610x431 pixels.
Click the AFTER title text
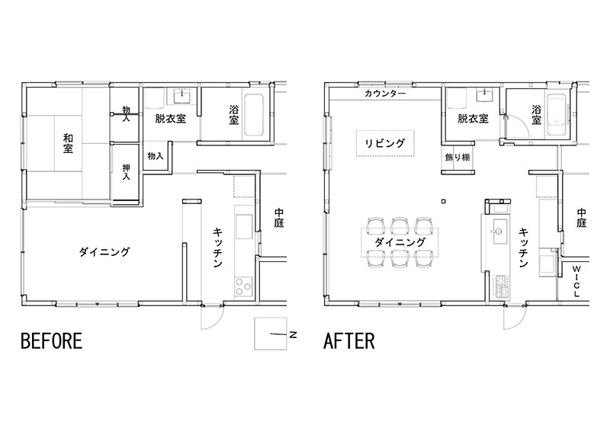coord(349,340)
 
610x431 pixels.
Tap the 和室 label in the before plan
coord(68,143)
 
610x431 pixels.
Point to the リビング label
coord(384,142)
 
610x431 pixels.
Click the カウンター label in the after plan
coord(384,94)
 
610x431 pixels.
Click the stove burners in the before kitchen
coord(242,286)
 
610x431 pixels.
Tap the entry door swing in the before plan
coord(211,319)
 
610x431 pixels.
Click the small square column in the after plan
coord(445,202)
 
